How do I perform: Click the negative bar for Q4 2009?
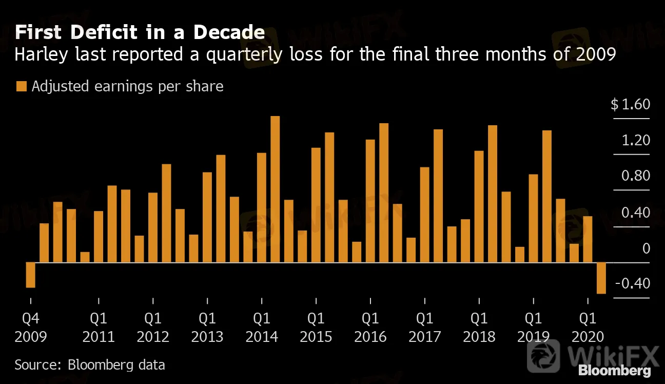pyautogui.click(x=30, y=275)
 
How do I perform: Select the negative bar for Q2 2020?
pyautogui.click(x=601, y=278)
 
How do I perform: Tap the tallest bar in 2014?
pyautogui.click(x=275, y=189)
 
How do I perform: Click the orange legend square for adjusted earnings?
pyautogui.click(x=21, y=86)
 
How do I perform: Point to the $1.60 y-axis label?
pyautogui.click(x=630, y=105)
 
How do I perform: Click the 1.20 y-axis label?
pyautogui.click(x=636, y=141)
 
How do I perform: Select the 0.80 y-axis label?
pyautogui.click(x=636, y=177)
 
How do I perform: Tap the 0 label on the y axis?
pyautogui.click(x=646, y=248)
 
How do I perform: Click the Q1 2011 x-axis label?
pyautogui.click(x=98, y=328)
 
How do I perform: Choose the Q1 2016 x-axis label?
pyautogui.click(x=370, y=328)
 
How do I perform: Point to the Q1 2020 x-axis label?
pyautogui.click(x=588, y=328)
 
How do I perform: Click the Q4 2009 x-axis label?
pyautogui.click(x=30, y=328)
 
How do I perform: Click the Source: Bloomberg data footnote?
pyautogui.click(x=90, y=365)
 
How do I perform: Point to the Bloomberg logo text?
pyautogui.click(x=614, y=371)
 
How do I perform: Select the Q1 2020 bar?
pyautogui.click(x=588, y=239)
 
